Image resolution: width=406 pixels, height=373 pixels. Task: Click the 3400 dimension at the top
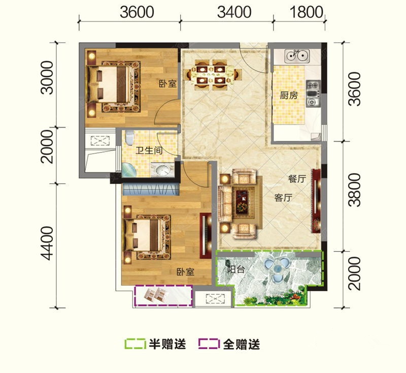(x=234, y=12)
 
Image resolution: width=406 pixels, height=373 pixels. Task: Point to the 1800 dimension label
(x=307, y=12)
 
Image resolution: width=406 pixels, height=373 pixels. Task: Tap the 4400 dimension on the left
(x=47, y=243)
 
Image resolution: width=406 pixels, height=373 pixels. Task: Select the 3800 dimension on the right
(x=354, y=190)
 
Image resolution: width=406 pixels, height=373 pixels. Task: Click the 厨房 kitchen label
(x=289, y=96)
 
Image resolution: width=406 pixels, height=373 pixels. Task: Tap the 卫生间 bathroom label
(x=149, y=150)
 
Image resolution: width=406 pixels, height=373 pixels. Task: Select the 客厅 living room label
(x=283, y=198)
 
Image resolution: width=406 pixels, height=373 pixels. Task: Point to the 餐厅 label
(x=297, y=179)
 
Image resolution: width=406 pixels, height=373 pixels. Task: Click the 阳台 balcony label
(x=236, y=269)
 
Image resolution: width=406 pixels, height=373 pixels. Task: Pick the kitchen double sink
(x=297, y=56)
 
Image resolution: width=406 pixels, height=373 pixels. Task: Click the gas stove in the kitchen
(x=313, y=94)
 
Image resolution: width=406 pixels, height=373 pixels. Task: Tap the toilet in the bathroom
(x=129, y=137)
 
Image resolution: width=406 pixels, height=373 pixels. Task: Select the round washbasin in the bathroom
(x=162, y=170)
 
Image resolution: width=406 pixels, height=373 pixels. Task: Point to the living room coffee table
(x=242, y=202)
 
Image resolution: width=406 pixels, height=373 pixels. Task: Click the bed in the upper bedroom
(x=109, y=84)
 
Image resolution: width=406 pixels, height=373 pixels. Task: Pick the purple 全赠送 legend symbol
(x=209, y=344)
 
